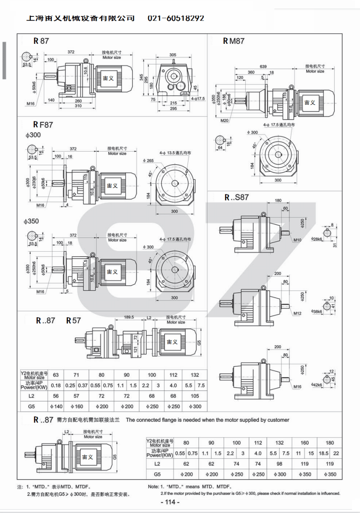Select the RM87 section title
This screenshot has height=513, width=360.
(x=234, y=41)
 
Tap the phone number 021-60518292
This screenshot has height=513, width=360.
(x=176, y=18)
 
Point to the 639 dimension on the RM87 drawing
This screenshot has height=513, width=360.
(x=263, y=66)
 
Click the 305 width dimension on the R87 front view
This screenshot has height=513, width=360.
(x=173, y=55)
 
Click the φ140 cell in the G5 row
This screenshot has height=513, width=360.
(x=56, y=406)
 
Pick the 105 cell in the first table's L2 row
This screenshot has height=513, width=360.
(x=196, y=396)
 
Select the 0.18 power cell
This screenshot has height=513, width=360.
(x=56, y=385)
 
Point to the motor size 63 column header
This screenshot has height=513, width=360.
(x=56, y=375)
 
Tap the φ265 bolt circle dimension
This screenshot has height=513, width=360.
(x=148, y=161)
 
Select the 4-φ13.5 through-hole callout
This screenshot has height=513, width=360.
(x=173, y=153)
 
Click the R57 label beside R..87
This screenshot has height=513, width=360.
(x=73, y=320)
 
